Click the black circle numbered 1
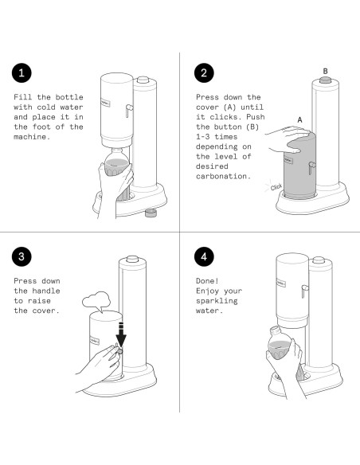coord(24,73)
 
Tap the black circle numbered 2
coord(205,73)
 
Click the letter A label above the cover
coord(299,119)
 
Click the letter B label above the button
coord(325,72)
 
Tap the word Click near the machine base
coord(276,187)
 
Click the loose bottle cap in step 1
coord(150,213)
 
